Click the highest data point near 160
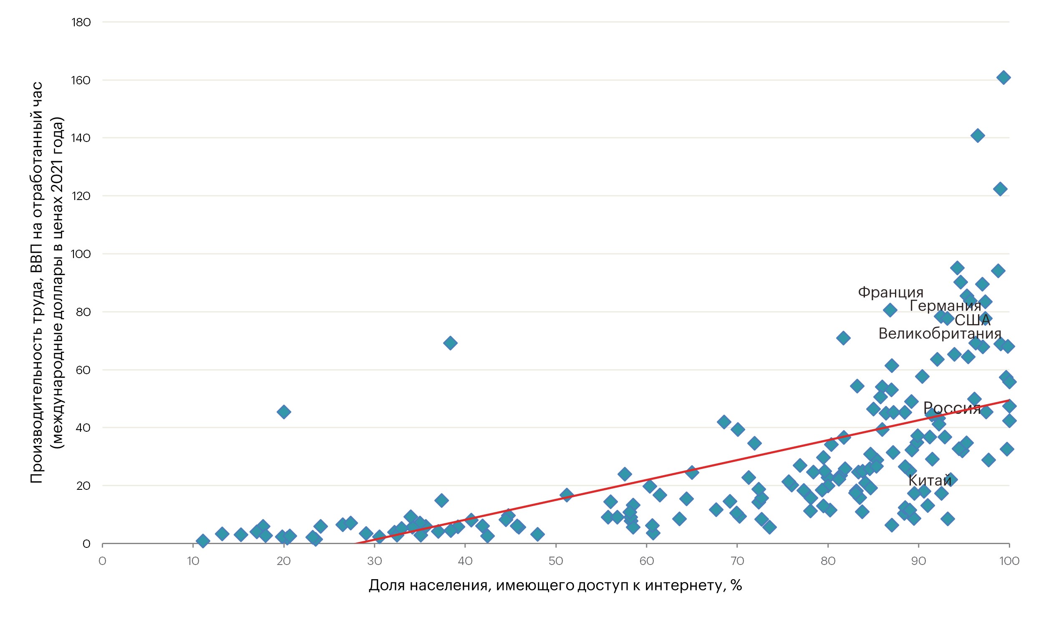coord(1003,78)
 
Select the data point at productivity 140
coord(978,136)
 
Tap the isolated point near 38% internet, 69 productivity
coord(450,343)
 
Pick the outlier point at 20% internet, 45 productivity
coord(284,412)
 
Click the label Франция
coord(890,293)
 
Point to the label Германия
coord(945,306)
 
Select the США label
coord(973,320)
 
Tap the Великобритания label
coord(940,334)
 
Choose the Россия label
coord(952,408)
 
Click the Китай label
coord(930,481)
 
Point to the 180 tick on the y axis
coord(81,23)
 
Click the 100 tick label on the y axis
coord(81,254)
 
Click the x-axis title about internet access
coord(555,585)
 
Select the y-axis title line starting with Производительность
coord(37,283)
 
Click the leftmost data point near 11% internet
coord(203,541)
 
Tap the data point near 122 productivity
coord(1000,189)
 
